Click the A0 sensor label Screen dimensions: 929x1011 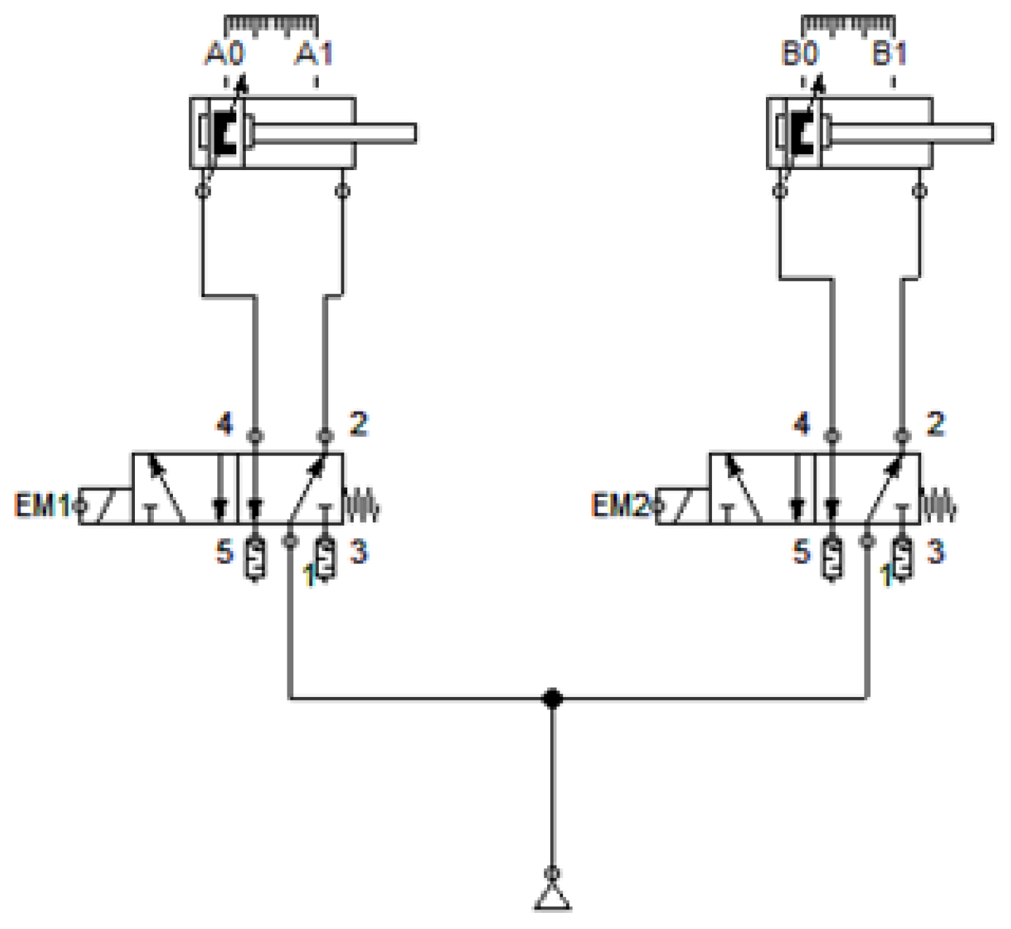click(x=225, y=54)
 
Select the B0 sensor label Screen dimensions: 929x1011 click(x=800, y=54)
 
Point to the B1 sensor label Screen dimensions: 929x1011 click(x=890, y=54)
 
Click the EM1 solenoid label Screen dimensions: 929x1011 click(x=42, y=505)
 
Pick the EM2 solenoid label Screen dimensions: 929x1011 click(x=619, y=505)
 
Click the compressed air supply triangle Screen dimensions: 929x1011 click(x=553, y=898)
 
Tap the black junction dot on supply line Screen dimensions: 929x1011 click(x=552, y=698)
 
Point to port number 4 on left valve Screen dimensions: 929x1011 click(x=224, y=424)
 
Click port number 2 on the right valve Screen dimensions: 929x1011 click(x=935, y=424)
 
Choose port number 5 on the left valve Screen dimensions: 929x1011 click(x=224, y=552)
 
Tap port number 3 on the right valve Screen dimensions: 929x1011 click(x=935, y=552)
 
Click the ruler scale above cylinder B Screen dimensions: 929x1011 click(x=848, y=25)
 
